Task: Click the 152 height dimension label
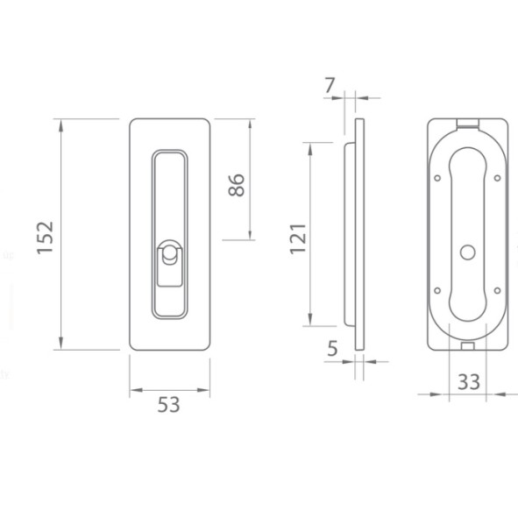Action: coord(45,238)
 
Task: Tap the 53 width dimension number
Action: coord(169,404)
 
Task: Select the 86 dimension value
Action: coord(236,185)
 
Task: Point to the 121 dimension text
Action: coord(298,239)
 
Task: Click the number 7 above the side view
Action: coord(330,85)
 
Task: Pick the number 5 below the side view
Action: coord(333,349)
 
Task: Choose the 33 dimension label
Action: coord(469,382)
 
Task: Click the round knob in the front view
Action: coord(169,253)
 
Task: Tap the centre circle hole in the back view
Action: coord(468,252)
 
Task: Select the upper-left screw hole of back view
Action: coord(437,178)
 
